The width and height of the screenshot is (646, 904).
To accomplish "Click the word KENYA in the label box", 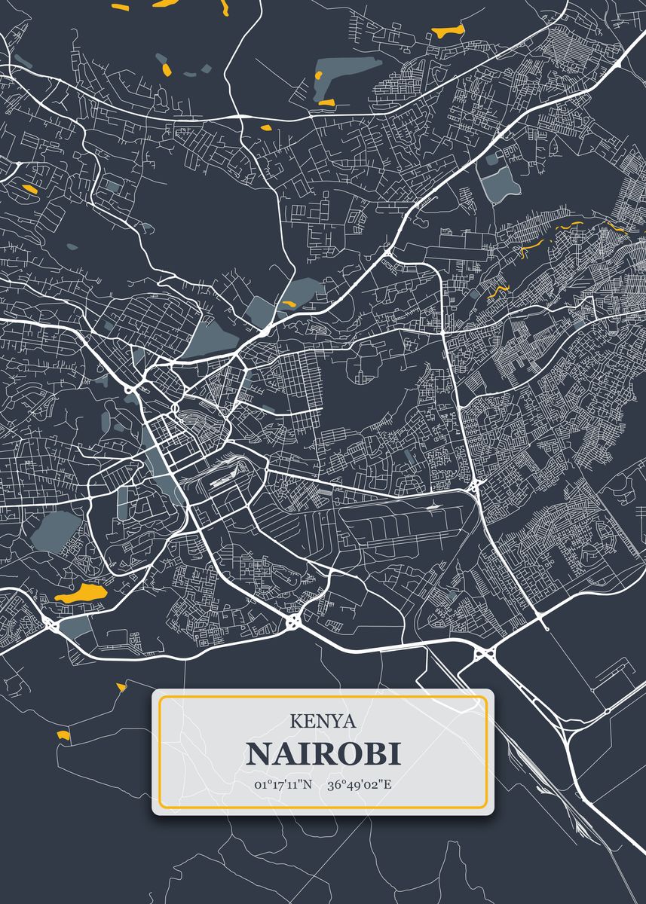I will pyautogui.click(x=323, y=721).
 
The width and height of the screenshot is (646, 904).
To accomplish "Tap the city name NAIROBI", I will pyautogui.click(x=323, y=753).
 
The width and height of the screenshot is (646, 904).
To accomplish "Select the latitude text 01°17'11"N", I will pyautogui.click(x=283, y=784).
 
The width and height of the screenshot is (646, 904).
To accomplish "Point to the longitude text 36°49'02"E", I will pyautogui.click(x=359, y=784).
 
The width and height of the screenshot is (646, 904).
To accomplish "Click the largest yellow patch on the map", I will pyautogui.click(x=80, y=593).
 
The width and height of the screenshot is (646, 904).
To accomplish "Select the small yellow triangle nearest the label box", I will pyautogui.click(x=121, y=686).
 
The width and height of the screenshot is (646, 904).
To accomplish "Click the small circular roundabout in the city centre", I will pyautogui.click(x=175, y=408).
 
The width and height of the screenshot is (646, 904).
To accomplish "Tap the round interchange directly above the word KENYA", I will pyautogui.click(x=292, y=621).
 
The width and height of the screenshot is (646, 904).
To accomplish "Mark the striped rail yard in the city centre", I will pyautogui.click(x=223, y=474).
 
